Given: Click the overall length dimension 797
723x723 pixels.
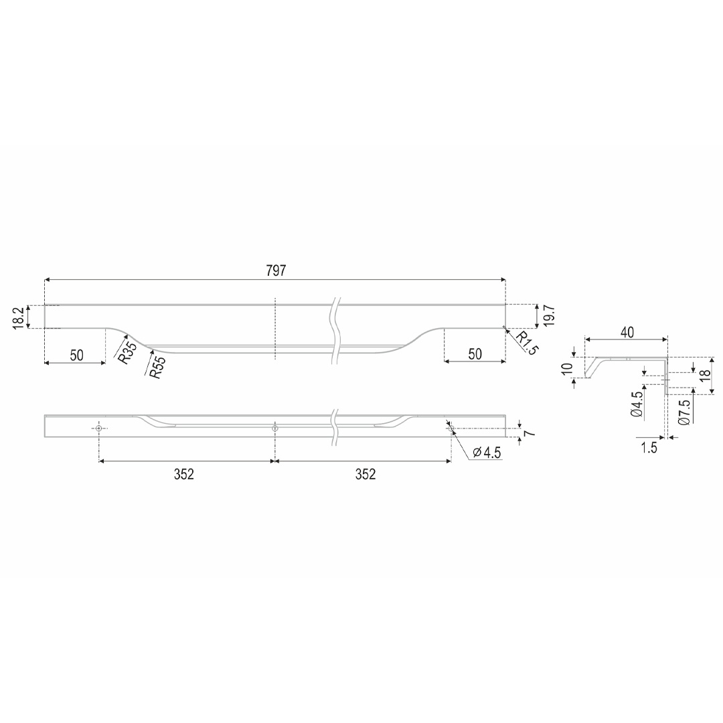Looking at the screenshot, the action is [x=276, y=270].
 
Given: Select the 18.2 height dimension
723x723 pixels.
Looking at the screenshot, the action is [x=19, y=318].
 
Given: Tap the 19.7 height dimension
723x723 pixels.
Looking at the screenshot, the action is [x=549, y=316].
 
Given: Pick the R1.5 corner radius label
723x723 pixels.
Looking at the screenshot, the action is [x=526, y=343].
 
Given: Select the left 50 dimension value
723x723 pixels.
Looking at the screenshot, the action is [x=76, y=355].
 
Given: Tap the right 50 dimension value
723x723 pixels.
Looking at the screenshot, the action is [x=475, y=354].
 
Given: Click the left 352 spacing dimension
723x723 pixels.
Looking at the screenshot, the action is [x=184, y=474].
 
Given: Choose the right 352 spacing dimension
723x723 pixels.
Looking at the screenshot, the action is [x=366, y=474].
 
